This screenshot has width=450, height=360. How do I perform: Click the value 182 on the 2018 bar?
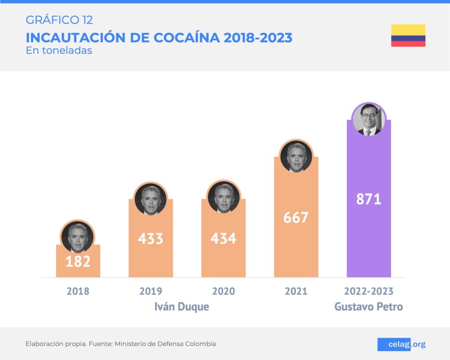coord(78,261)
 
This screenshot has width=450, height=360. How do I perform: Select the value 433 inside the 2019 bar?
coord(151,238)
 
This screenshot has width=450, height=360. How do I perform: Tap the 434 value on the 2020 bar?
coord(223,238)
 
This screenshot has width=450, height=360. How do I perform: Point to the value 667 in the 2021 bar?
coord(296,217)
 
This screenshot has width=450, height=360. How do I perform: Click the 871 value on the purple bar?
coord(369,199)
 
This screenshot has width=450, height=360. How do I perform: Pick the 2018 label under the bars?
coord(78,291)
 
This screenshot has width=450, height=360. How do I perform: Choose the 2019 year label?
coord(151,291)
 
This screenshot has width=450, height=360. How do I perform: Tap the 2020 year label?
coord(223,291)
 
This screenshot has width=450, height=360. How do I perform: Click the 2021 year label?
coord(296,291)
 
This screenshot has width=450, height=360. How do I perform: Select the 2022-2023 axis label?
coord(369,291)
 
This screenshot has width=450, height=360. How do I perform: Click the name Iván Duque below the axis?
coord(181,307)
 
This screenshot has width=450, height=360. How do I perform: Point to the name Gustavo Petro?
coord(369,307)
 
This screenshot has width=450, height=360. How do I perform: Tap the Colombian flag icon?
coord(408,36)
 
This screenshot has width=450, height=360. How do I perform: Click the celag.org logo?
coord(401,344)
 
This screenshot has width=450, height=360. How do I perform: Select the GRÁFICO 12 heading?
coord(59,20)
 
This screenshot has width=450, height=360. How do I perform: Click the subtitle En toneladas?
coord(59,50)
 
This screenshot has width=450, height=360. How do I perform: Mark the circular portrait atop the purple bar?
coord(369,119)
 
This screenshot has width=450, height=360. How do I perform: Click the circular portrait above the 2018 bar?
coord(77,237)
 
